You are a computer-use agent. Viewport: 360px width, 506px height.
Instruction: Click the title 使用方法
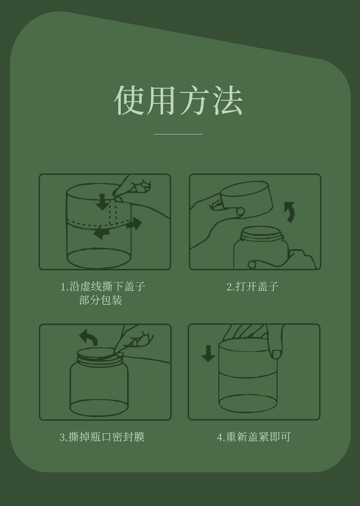point(178,100)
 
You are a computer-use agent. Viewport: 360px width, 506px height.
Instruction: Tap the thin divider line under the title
point(178,134)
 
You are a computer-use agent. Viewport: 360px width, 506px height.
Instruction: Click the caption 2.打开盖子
point(252,286)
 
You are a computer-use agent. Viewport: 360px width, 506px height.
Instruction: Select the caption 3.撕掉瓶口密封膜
point(102,437)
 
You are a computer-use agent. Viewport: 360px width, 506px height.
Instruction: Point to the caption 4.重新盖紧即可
point(254,437)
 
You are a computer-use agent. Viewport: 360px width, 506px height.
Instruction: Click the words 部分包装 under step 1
point(101,300)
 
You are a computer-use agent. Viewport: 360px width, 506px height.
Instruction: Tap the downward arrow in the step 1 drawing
point(103,202)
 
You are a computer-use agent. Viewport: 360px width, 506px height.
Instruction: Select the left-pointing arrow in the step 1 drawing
point(102,232)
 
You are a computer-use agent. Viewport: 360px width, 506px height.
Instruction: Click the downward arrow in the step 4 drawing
point(208,353)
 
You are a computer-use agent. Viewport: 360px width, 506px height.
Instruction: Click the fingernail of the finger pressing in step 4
point(277,354)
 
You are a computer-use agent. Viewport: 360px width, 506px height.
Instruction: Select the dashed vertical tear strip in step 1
point(113,212)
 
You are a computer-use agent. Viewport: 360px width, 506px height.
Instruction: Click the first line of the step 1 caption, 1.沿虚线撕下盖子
point(103,287)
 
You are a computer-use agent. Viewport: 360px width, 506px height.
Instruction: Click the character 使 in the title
point(129,100)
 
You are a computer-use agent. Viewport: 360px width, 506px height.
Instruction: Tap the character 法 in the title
point(228,100)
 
